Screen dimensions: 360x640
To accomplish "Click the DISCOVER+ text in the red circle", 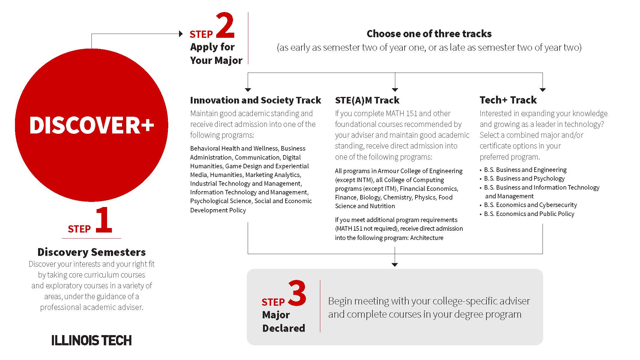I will click(91, 125).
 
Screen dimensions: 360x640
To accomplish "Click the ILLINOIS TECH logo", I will click(91, 340).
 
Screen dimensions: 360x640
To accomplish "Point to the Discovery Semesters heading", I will click(91, 252).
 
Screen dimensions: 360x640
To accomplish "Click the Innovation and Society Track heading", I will click(256, 100).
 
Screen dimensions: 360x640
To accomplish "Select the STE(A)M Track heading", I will click(367, 100).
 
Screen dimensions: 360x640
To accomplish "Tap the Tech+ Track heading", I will click(508, 100).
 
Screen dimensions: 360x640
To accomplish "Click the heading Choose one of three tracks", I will click(429, 34).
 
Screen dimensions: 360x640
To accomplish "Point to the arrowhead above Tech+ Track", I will click(543, 90).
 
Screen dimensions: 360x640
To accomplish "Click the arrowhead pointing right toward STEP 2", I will click(181, 34).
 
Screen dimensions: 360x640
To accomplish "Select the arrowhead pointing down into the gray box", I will click(395, 265).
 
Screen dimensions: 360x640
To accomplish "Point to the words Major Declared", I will click(283, 321).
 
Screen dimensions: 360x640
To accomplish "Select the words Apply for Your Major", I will click(216, 54).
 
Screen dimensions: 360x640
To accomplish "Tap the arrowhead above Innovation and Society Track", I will click(248, 90).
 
